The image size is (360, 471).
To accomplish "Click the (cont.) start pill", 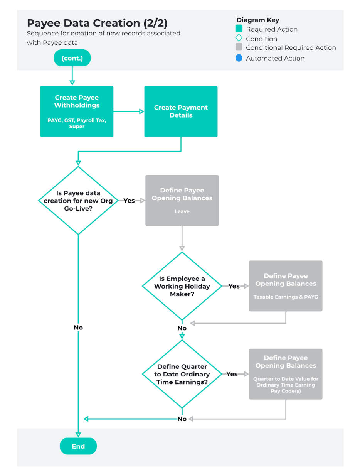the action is (72, 58).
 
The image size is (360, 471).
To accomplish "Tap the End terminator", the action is (78, 446).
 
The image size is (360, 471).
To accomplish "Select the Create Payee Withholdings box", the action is (77, 111).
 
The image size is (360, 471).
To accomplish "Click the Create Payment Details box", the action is (181, 111).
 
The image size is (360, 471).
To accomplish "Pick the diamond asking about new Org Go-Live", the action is (78, 201).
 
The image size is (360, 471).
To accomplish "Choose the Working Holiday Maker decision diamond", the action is (182, 286).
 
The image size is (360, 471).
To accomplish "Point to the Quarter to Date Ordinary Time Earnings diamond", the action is (182, 374).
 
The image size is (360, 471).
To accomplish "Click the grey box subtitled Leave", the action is (182, 200).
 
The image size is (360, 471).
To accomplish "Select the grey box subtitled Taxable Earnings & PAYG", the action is (286, 286).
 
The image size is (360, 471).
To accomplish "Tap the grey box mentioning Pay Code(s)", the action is (286, 374).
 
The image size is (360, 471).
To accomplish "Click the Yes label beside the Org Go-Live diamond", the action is (129, 201).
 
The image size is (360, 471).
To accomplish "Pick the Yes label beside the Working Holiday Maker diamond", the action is (234, 286).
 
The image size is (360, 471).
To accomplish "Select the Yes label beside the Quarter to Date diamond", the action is (232, 374).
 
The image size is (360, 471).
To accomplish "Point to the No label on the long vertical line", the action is (78, 328).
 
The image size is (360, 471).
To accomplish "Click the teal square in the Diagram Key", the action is (239, 29).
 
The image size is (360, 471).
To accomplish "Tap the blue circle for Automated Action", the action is (239, 58).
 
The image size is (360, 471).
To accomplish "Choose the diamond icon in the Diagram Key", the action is (239, 38).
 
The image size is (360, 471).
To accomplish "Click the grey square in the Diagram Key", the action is (239, 47).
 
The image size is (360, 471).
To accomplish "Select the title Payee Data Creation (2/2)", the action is (97, 23).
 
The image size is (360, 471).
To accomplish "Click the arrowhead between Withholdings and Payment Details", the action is (141, 111).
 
